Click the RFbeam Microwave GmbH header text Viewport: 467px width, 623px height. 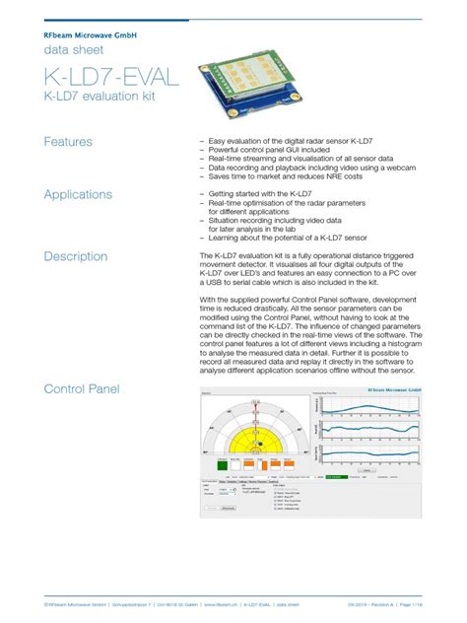point(90,34)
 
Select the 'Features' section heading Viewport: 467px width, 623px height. point(68,142)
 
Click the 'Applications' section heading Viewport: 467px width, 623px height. point(78,195)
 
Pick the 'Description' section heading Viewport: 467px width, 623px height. point(76,256)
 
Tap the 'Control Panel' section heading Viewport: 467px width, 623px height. point(82,389)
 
